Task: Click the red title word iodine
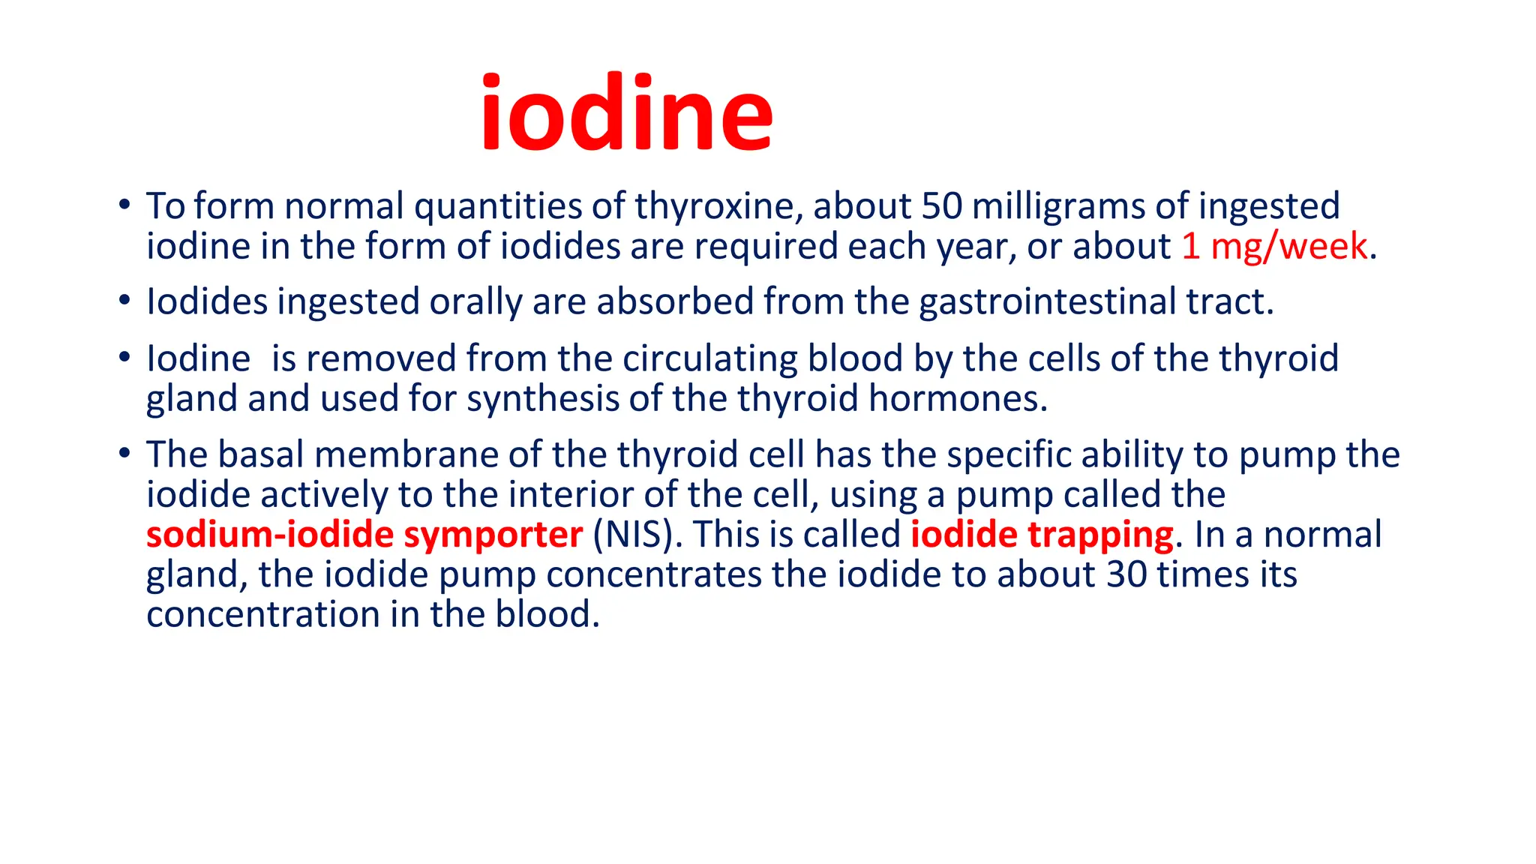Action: [626, 113]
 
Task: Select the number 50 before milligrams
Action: [941, 206]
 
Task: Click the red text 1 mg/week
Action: [1274, 247]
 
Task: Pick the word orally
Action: [475, 302]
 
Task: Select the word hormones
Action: [957, 398]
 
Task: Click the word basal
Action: [260, 454]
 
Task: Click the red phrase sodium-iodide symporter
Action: [364, 535]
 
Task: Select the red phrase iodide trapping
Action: [1042, 535]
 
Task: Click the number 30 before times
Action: [1126, 574]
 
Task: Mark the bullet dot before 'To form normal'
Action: [124, 205]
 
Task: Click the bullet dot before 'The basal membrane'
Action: [124, 453]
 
